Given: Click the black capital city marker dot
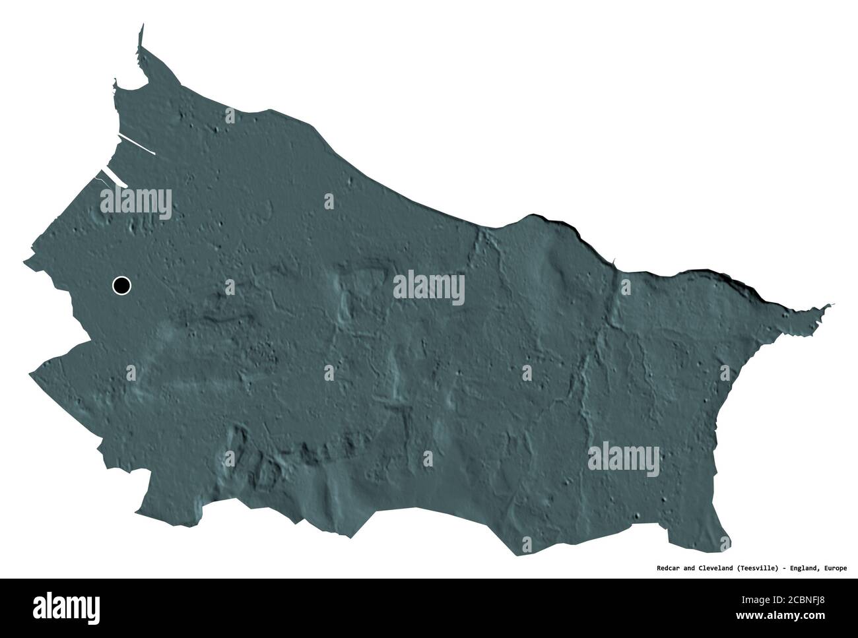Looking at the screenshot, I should pyautogui.click(x=121, y=286).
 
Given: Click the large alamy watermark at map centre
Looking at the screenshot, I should pyautogui.click(x=429, y=289).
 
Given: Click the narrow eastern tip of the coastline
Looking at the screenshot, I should pyautogui.click(x=832, y=304).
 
